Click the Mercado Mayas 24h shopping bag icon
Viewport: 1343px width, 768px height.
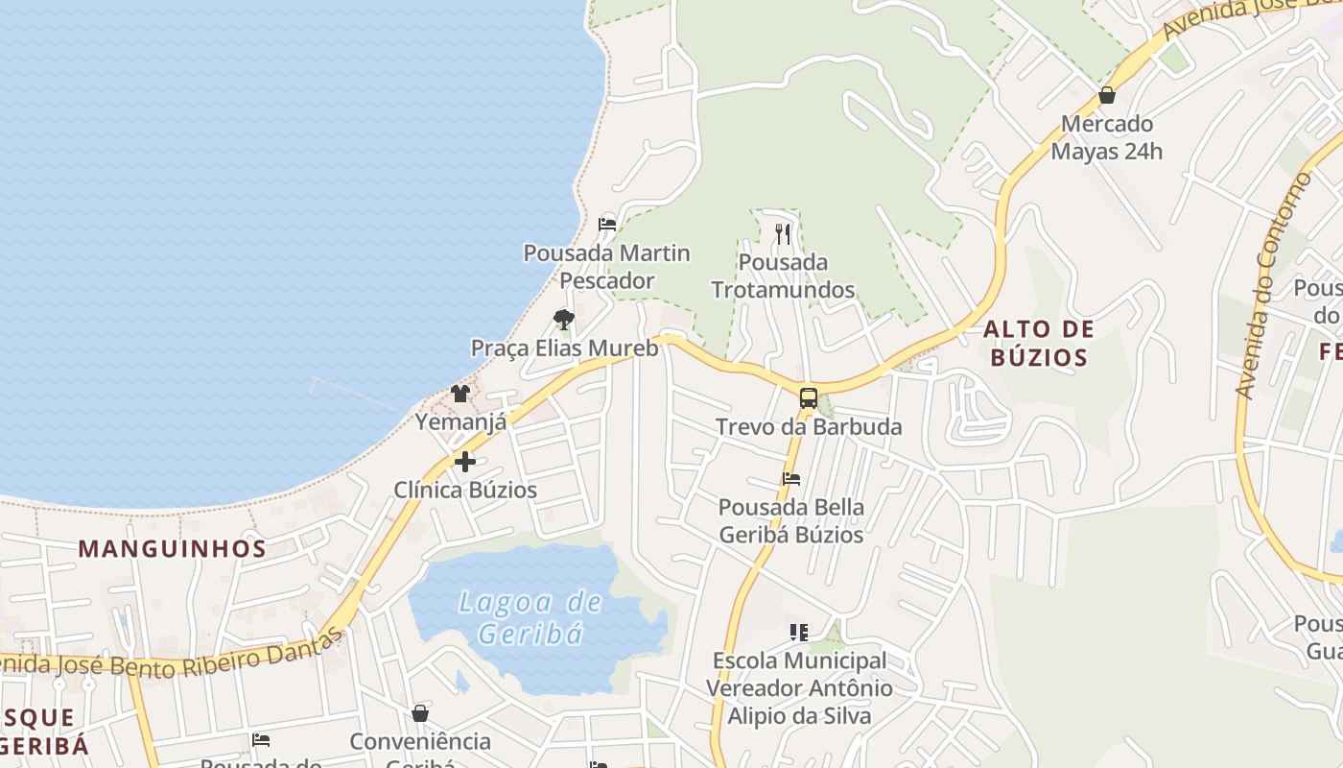point(1106,95)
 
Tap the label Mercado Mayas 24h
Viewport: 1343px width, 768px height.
point(1106,137)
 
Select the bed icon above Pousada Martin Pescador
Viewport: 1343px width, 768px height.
point(606,225)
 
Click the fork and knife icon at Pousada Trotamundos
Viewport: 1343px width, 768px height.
point(783,233)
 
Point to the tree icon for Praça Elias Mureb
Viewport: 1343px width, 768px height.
point(564,319)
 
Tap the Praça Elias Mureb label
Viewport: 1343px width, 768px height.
point(564,348)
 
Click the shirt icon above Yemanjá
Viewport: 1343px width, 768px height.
point(460,394)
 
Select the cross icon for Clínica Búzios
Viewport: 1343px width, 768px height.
point(465,462)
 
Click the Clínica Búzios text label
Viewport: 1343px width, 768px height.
point(465,490)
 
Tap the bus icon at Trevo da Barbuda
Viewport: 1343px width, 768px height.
point(809,398)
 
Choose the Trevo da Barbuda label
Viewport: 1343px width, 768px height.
point(809,426)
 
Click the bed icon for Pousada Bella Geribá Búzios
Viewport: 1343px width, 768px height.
point(791,479)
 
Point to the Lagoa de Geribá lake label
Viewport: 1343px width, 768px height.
point(530,618)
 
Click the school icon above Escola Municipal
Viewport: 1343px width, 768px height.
point(799,632)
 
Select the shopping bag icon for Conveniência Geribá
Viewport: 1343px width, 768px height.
point(420,713)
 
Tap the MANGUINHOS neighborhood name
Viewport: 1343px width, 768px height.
point(172,549)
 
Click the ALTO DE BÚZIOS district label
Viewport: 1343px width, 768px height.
point(1038,344)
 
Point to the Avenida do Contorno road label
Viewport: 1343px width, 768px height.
point(1273,286)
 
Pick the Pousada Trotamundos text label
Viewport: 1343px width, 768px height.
point(783,276)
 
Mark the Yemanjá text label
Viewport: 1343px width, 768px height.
point(460,421)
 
